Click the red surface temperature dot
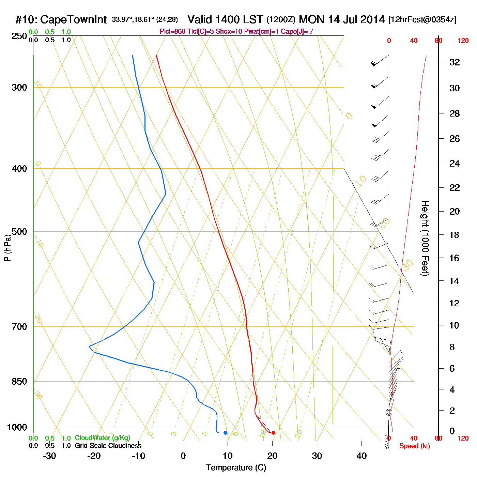(x=273, y=433)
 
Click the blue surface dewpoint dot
(x=225, y=433)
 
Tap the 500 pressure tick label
(x=19, y=232)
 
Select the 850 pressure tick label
(x=19, y=382)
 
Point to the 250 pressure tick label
(x=19, y=36)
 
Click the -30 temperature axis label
(x=49, y=456)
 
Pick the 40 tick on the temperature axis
(x=361, y=456)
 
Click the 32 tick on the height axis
(x=455, y=62)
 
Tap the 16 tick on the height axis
(x=455, y=258)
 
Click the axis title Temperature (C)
(x=236, y=468)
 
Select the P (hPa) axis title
(x=7, y=248)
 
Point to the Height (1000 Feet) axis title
(x=425, y=238)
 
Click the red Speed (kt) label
(x=414, y=446)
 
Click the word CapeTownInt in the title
(x=73, y=20)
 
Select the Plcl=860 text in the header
(x=173, y=32)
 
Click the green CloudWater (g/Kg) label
(x=102, y=438)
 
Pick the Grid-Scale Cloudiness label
(x=108, y=446)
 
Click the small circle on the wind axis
(x=389, y=412)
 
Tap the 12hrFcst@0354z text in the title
(x=422, y=20)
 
